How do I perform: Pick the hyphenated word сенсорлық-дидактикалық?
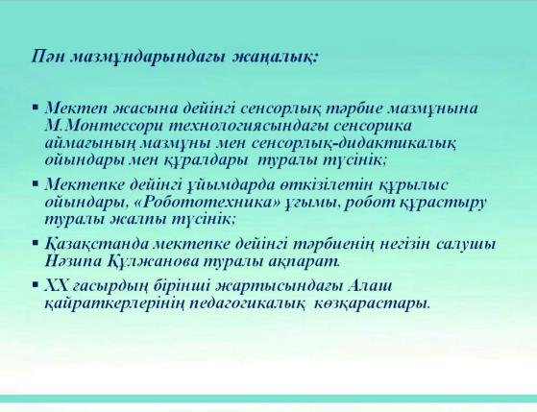point(354,143)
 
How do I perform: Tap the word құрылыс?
point(413,185)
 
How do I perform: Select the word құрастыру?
point(443,203)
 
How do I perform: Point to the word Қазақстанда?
point(97,245)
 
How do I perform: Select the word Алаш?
point(370,285)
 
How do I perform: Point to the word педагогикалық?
point(247,303)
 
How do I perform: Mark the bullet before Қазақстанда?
point(36,243)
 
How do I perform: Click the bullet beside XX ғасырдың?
point(36,284)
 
